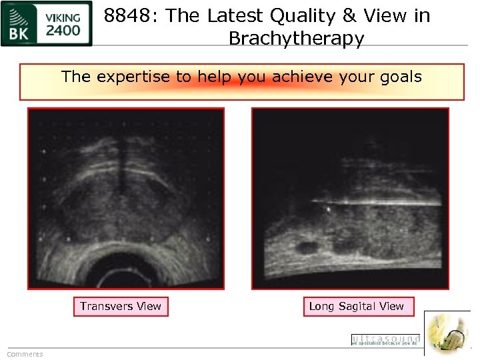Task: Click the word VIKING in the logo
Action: point(64,17)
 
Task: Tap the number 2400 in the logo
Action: point(64,31)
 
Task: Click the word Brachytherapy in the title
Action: point(296,39)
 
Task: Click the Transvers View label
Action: point(121,307)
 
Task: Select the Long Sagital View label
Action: point(357,307)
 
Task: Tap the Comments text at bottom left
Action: point(25,354)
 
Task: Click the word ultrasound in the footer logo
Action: point(386,338)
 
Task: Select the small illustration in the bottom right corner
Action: point(447,333)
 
